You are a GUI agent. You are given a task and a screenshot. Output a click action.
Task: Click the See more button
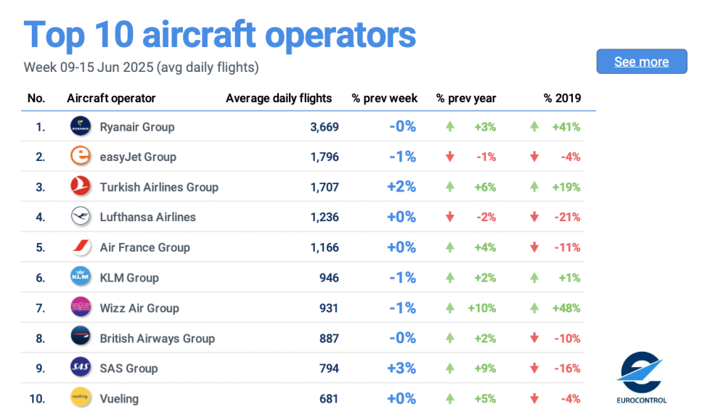pyautogui.click(x=642, y=62)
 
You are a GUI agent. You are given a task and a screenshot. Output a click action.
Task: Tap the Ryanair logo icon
pyautogui.click(x=81, y=126)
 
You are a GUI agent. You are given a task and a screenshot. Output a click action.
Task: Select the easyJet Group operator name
pyautogui.click(x=138, y=157)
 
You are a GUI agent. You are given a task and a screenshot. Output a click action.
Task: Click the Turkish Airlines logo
pyautogui.click(x=81, y=186)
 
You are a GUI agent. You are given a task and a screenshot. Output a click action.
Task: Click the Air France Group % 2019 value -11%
pyautogui.click(x=566, y=247)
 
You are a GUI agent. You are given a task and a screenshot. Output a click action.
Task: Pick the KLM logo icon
pyautogui.click(x=81, y=277)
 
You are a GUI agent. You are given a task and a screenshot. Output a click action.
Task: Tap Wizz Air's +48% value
pyautogui.click(x=566, y=308)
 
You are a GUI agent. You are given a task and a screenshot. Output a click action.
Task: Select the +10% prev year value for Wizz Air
pyautogui.click(x=481, y=308)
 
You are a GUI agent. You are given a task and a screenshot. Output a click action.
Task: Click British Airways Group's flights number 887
pyautogui.click(x=329, y=338)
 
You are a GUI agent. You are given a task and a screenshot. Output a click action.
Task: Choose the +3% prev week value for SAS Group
pyautogui.click(x=401, y=368)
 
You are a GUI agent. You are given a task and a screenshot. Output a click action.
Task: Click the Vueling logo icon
pyautogui.click(x=81, y=397)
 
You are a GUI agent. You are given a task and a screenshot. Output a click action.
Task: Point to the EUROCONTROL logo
pyautogui.click(x=641, y=377)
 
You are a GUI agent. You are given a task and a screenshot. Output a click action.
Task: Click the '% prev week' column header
pyautogui.click(x=385, y=99)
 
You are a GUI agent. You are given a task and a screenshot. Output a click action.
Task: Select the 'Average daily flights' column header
pyautogui.click(x=279, y=99)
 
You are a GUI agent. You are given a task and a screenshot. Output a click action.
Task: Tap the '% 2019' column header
pyautogui.click(x=562, y=99)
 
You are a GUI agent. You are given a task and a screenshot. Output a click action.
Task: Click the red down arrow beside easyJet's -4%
pyautogui.click(x=534, y=157)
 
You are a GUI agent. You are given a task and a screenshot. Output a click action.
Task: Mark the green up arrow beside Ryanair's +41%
pyautogui.click(x=534, y=126)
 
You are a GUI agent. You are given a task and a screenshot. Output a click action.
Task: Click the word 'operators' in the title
pyautogui.click(x=339, y=34)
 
